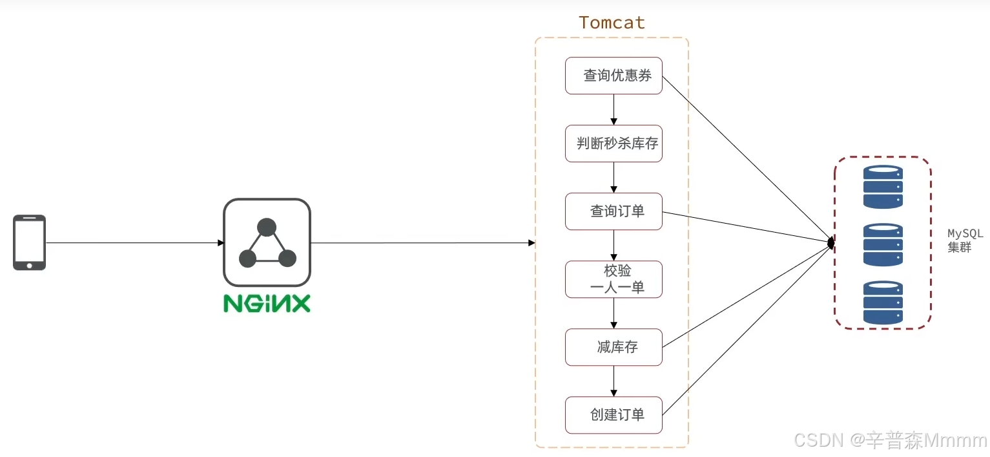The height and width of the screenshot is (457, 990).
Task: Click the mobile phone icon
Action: (x=29, y=242)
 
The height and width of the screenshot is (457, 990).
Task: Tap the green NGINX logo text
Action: (x=267, y=303)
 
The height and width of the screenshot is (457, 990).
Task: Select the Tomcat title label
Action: (x=612, y=23)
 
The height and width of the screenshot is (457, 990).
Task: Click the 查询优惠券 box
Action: (x=614, y=76)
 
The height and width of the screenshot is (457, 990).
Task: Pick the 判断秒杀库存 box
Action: (x=614, y=143)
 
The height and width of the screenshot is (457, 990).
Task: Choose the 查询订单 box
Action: (x=614, y=211)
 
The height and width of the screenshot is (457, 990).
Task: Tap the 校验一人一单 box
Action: (x=614, y=279)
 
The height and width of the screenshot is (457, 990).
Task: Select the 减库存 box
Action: (x=614, y=347)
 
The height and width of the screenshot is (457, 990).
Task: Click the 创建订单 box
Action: (x=614, y=415)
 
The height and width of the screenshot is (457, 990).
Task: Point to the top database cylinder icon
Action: (x=883, y=187)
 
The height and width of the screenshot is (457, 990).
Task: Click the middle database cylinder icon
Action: (x=883, y=244)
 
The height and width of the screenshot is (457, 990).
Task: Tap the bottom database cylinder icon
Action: (x=883, y=302)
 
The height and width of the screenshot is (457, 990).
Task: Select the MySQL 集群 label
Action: (x=965, y=240)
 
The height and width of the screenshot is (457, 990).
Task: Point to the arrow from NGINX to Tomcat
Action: (x=423, y=243)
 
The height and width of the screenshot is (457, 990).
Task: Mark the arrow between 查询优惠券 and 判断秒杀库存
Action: (x=614, y=109)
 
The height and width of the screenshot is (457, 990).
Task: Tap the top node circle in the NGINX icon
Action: (x=267, y=227)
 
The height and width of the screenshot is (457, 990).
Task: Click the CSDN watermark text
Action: (x=891, y=441)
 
